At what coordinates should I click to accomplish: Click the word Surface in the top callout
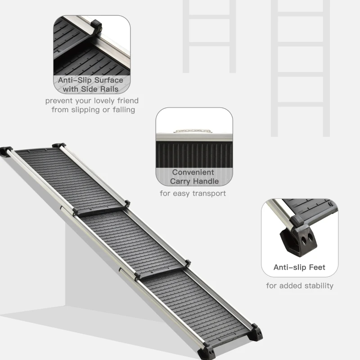click(x=108, y=80)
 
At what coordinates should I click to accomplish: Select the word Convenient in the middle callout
click(x=193, y=172)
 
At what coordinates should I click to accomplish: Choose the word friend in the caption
click(x=125, y=101)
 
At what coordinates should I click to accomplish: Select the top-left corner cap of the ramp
click(x=6, y=150)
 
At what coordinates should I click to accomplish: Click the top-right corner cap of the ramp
click(x=59, y=146)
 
